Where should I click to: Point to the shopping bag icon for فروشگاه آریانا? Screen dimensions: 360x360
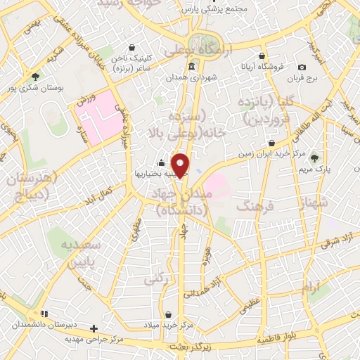[x=262, y=56]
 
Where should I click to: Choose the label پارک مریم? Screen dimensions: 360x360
[x=314, y=169]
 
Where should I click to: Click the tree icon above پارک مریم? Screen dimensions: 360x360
[x=314, y=157]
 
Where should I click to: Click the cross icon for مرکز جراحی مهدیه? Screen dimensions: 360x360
[x=94, y=328]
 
